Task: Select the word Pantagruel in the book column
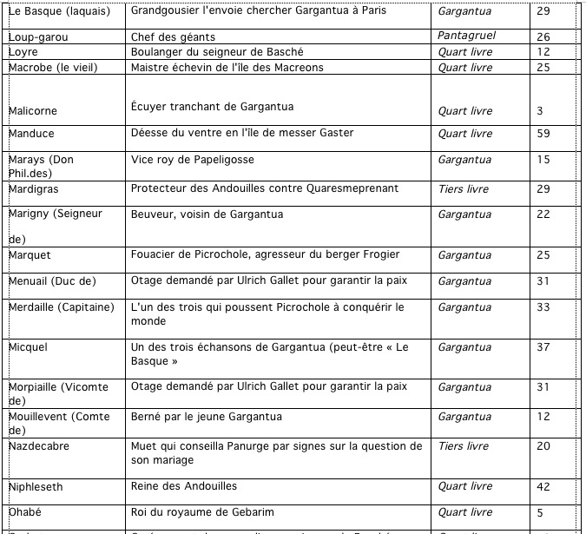468,37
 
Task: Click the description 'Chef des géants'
173,37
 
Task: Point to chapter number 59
544,134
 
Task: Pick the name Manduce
32,134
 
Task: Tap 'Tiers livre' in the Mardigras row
464,188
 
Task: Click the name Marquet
30,255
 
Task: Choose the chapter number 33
544,307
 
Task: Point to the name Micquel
29,347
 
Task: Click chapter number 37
544,347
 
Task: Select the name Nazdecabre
38,446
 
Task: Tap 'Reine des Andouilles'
183,486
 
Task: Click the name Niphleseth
36,487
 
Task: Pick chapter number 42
544,487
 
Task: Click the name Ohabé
25,512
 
